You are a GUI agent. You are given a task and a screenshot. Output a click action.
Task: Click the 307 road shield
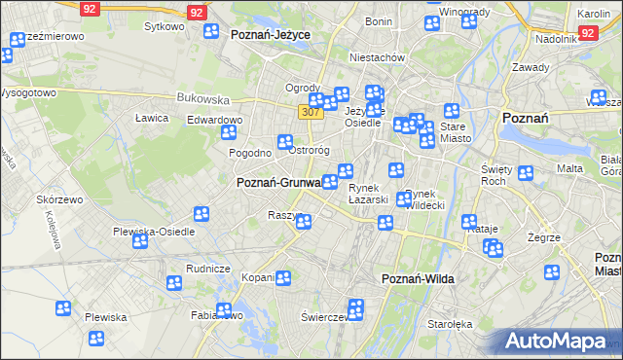pyautogui.click(x=311, y=113)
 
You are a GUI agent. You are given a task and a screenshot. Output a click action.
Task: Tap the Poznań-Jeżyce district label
pyautogui.click(x=271, y=34)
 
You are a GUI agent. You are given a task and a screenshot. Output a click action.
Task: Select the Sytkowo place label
pyautogui.click(x=164, y=26)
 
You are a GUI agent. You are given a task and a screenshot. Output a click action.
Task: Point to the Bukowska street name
pyautogui.click(x=202, y=98)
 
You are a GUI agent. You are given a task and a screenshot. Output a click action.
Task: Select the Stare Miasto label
pyautogui.click(x=455, y=132)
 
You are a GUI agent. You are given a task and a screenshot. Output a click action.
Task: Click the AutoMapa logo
pyautogui.click(x=560, y=341)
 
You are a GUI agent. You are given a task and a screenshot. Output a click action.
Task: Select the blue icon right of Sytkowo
pyautogui.click(x=211, y=31)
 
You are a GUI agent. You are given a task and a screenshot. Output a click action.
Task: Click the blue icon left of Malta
pyautogui.click(x=526, y=173)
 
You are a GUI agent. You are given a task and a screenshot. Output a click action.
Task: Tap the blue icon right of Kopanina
pyautogui.click(x=282, y=278)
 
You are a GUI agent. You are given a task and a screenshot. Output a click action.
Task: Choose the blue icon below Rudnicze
pyautogui.click(x=174, y=284)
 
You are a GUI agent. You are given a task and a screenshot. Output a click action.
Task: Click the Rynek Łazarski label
pyautogui.click(x=369, y=194)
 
